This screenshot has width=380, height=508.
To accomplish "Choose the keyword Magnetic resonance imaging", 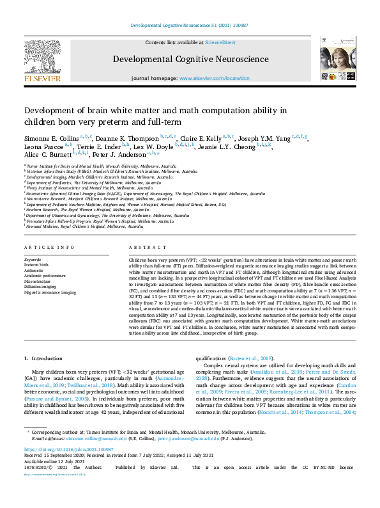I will (x=50, y=292).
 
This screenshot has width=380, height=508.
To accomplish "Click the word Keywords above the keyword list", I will (x=33, y=258).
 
